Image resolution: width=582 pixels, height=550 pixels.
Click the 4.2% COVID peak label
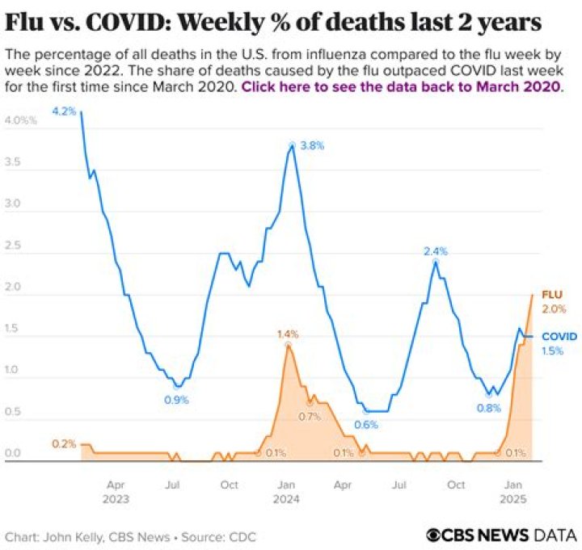[x=63, y=111]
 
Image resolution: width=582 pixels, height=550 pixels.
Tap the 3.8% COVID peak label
[x=312, y=146]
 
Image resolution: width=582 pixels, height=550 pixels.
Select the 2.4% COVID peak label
[x=436, y=251]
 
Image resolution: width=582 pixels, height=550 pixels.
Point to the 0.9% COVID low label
[x=175, y=399]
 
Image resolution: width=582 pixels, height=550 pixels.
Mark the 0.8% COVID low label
[x=488, y=408]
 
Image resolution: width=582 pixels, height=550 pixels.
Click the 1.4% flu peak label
[x=288, y=334]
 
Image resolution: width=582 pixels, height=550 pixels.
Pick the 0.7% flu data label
[x=309, y=417]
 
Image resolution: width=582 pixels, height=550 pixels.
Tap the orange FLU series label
[x=552, y=296]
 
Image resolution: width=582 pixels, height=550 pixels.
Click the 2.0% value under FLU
[x=553, y=309]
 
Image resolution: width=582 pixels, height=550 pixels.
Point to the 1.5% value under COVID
[x=553, y=351]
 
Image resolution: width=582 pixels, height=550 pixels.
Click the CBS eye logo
[x=436, y=535]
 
